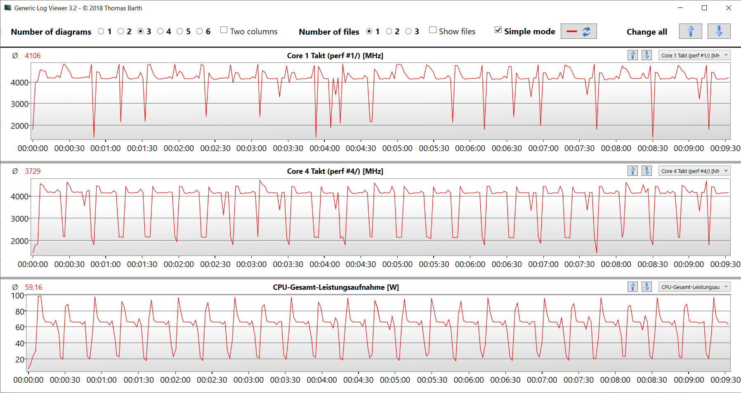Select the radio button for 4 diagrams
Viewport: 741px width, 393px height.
[160, 31]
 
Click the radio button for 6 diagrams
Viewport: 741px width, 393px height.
[200, 31]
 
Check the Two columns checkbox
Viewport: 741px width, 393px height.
[224, 30]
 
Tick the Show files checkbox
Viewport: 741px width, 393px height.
[433, 30]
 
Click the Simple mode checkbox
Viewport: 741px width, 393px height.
[498, 30]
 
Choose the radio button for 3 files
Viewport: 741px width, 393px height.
[408, 31]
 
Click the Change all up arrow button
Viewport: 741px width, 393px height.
[690, 31]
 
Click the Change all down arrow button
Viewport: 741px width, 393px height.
[719, 31]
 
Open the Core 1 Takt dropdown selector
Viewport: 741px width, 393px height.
[695, 55]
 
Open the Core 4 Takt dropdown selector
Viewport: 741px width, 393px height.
[695, 171]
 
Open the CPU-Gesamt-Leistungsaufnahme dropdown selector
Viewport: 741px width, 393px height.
[695, 287]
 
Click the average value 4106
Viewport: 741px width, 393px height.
[33, 56]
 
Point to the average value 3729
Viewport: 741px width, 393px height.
[33, 171]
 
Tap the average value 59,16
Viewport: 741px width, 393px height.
[33, 287]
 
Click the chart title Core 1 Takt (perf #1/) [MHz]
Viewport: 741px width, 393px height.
[335, 56]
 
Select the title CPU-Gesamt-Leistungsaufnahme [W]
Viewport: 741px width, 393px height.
[336, 287]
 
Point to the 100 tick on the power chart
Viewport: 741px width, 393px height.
[18, 296]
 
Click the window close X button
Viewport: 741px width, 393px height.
[729, 8]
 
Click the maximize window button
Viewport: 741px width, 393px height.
[704, 8]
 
